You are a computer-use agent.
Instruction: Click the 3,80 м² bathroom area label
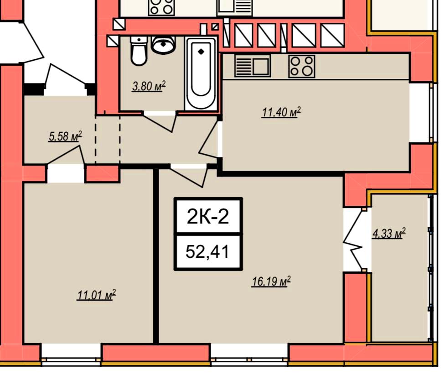click(x=149, y=86)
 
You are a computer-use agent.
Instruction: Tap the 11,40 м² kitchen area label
click(x=281, y=112)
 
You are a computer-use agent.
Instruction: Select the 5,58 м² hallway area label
click(x=65, y=136)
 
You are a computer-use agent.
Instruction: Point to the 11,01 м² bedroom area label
click(x=97, y=295)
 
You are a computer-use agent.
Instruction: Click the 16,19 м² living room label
click(x=271, y=281)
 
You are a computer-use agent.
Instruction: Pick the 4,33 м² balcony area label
click(x=389, y=234)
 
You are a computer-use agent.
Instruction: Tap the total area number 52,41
click(x=207, y=252)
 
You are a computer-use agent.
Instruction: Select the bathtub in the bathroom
click(x=201, y=73)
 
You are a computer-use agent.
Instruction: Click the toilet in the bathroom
click(x=139, y=51)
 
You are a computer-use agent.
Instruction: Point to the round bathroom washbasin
click(x=163, y=44)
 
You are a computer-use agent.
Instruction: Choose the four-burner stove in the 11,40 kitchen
click(x=302, y=66)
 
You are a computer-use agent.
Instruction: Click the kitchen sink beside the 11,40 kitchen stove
click(x=252, y=67)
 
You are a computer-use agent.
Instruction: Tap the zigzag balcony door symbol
click(x=354, y=239)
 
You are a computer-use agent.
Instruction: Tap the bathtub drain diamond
click(x=201, y=52)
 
